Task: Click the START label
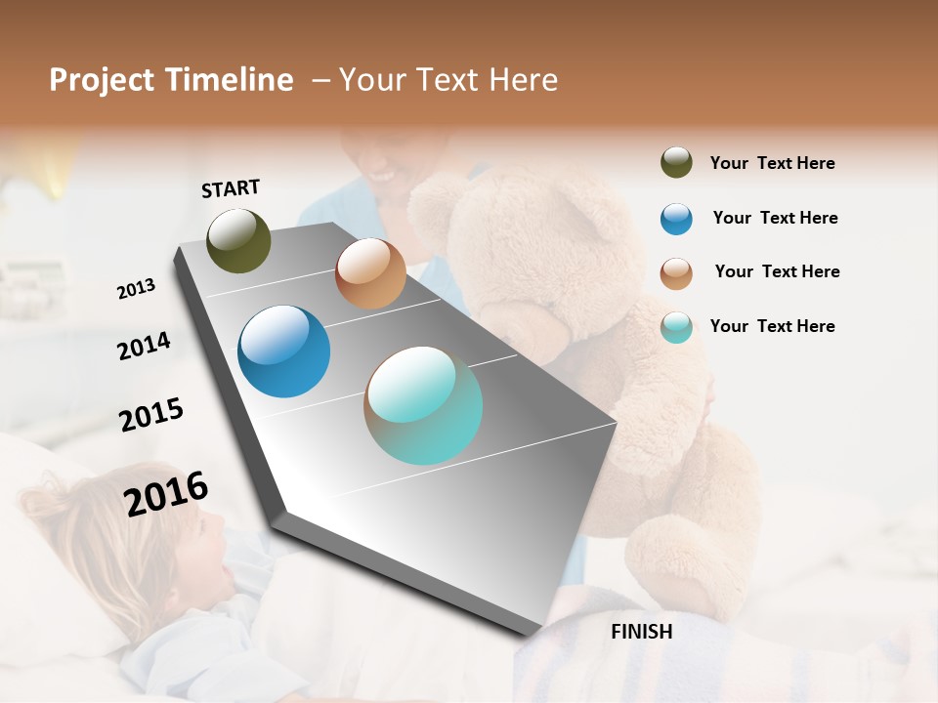pyautogui.click(x=231, y=188)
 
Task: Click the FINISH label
pyautogui.click(x=641, y=632)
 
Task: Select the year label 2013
pyautogui.click(x=136, y=288)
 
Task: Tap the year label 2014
pyautogui.click(x=144, y=346)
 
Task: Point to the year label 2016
pyautogui.click(x=166, y=493)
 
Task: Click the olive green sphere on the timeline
pyautogui.click(x=238, y=240)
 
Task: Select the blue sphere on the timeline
pyautogui.click(x=283, y=351)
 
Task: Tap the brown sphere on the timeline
pyautogui.click(x=370, y=273)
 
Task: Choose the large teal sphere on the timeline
pyautogui.click(x=423, y=405)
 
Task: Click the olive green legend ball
pyautogui.click(x=676, y=163)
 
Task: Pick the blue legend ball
pyautogui.click(x=676, y=219)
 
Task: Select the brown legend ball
pyautogui.click(x=676, y=273)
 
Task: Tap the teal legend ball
pyautogui.click(x=676, y=327)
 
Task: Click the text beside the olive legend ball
pyautogui.click(x=772, y=163)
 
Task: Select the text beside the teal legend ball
pyautogui.click(x=772, y=326)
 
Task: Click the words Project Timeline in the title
pyautogui.click(x=171, y=80)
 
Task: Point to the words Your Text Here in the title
pyautogui.click(x=448, y=80)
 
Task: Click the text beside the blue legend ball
pyautogui.click(x=775, y=218)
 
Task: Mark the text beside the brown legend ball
pyautogui.click(x=777, y=271)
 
